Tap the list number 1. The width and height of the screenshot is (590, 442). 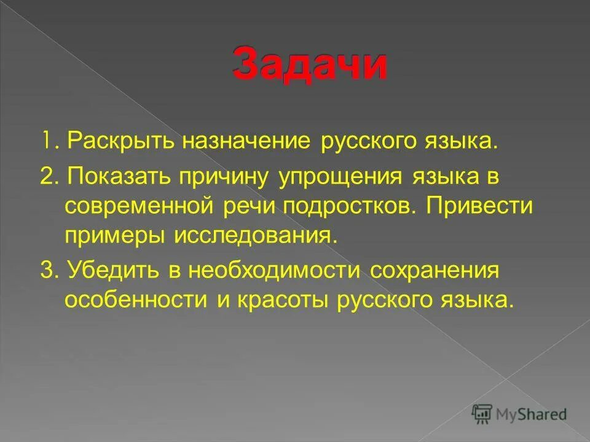(46, 142)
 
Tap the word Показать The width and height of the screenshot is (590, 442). (121, 178)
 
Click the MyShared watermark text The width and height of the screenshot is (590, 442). (532, 414)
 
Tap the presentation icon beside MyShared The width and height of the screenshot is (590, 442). (482, 414)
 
